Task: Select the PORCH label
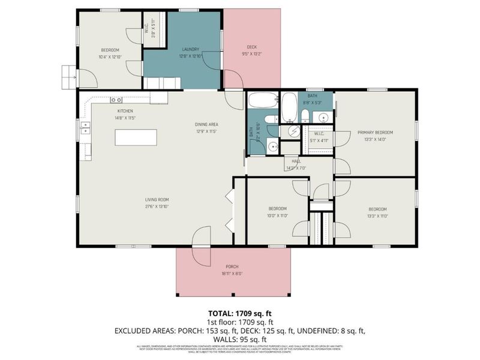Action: point(232,266)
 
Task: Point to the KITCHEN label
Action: point(125,112)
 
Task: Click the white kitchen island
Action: point(136,137)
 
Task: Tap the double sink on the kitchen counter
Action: point(86,127)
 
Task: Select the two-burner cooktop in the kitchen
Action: point(116,100)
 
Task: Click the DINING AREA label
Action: point(205,124)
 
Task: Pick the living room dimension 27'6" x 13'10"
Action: point(156,206)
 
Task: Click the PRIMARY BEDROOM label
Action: point(375,132)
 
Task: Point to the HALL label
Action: point(296,161)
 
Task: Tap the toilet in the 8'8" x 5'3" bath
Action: point(305,115)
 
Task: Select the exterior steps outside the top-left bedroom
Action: point(68,76)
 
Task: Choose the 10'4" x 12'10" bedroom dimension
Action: point(110,56)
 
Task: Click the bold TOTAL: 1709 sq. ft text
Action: point(240,314)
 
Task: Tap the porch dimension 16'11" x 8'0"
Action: point(232,274)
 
